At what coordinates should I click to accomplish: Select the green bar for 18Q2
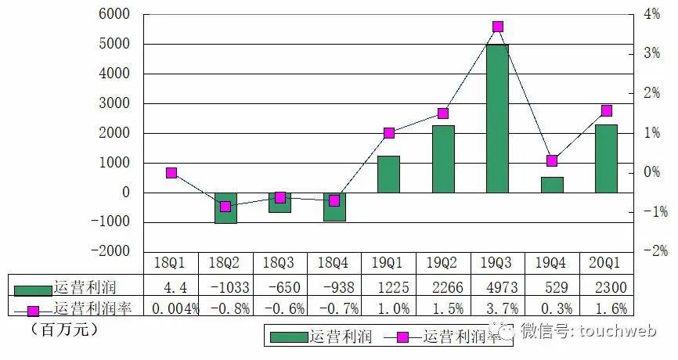click(225, 207)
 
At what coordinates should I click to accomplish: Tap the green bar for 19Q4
click(552, 185)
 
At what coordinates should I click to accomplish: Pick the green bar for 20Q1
click(606, 158)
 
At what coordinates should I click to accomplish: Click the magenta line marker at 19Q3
click(498, 27)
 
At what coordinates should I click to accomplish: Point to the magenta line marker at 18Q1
click(171, 173)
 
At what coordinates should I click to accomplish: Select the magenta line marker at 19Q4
click(552, 161)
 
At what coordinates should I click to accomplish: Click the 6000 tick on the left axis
click(115, 15)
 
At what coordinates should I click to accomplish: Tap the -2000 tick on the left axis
click(110, 251)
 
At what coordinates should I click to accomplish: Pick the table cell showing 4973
click(497, 286)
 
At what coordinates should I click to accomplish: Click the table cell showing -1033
click(225, 286)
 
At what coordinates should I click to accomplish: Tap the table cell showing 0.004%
click(171, 308)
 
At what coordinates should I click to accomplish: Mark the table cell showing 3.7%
click(497, 308)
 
